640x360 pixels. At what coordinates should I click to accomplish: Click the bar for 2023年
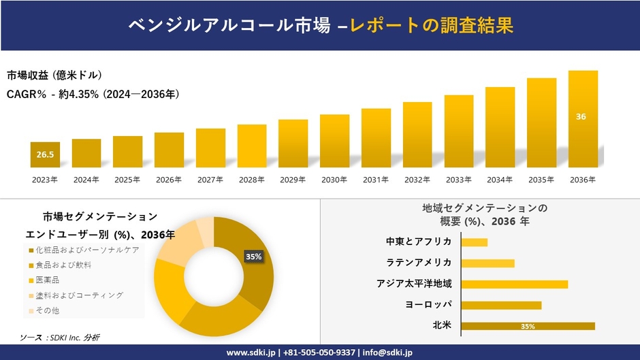click(x=45, y=154)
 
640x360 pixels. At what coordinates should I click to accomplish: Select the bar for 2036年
click(x=583, y=119)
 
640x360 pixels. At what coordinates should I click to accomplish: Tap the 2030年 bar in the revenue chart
click(x=335, y=141)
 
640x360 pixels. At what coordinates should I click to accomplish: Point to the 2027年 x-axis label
click(x=210, y=180)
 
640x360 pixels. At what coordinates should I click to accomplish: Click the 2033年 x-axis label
click(x=458, y=180)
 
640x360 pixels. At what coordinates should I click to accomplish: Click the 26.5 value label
click(x=45, y=154)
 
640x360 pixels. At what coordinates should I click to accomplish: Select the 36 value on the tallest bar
click(x=581, y=117)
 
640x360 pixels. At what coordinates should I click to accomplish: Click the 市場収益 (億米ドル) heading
click(x=54, y=75)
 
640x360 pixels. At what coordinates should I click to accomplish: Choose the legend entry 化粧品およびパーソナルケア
click(x=84, y=250)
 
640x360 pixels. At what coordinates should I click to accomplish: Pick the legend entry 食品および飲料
click(x=60, y=265)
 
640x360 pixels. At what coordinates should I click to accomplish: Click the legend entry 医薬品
click(x=44, y=280)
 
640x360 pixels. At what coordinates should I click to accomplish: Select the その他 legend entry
click(x=44, y=310)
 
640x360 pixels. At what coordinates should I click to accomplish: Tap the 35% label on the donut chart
click(x=253, y=257)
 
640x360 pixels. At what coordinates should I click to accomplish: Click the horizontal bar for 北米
click(x=528, y=326)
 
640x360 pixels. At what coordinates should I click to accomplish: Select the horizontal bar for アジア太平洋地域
click(x=515, y=284)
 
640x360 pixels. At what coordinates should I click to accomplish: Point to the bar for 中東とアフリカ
click(x=475, y=242)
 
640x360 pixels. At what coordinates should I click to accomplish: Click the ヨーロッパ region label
click(x=428, y=304)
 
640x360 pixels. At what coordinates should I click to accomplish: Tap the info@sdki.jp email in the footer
click(x=387, y=353)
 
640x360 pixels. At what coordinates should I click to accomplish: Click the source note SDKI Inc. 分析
click(x=75, y=338)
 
